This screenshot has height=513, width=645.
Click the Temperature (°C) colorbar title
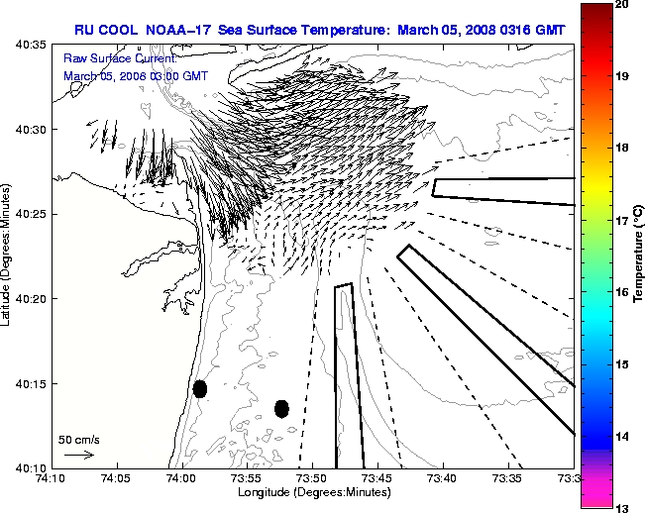click(639, 257)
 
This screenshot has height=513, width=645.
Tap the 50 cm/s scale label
click(79, 439)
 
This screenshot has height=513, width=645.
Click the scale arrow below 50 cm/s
click(79, 455)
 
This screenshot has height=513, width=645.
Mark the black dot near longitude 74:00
click(200, 388)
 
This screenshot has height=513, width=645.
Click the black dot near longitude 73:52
click(281, 408)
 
